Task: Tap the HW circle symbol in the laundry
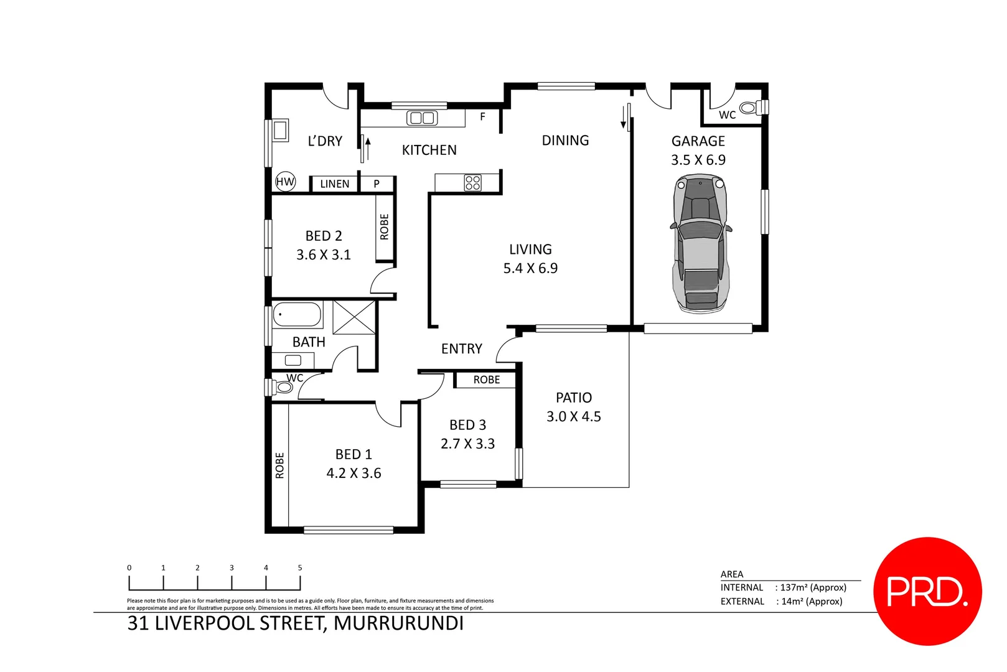pos(285,182)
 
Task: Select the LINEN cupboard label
pos(334,184)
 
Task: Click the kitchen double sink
pos(422,118)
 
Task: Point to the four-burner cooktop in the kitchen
pos(472,182)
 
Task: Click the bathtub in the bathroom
pos(297,314)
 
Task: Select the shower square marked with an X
pos(354,317)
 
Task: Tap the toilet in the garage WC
pos(751,108)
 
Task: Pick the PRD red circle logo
pos(927,591)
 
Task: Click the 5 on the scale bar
pos(300,567)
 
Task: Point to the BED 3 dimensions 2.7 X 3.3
pos(467,444)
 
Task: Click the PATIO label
pos(573,398)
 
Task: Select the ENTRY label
pos(461,349)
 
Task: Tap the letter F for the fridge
pos(482,116)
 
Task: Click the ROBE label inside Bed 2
pos(384,227)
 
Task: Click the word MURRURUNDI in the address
pos(398,623)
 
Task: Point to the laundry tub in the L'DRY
pos(280,130)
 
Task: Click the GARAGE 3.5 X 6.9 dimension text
pos(698,160)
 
